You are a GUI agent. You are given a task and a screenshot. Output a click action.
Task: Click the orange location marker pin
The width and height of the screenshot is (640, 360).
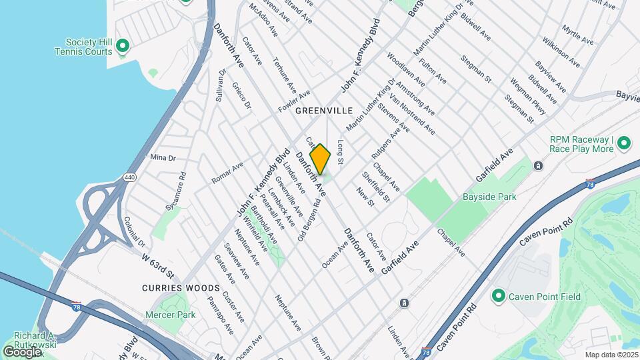321,159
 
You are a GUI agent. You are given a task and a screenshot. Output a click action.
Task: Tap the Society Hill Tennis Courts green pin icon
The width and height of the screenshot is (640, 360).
122,46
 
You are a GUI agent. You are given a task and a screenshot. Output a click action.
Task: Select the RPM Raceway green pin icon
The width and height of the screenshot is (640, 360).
624,143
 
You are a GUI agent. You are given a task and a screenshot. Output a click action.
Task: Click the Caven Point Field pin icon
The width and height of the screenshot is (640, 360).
497,295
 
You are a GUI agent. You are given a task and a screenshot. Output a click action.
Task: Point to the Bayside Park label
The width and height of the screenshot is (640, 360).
489,197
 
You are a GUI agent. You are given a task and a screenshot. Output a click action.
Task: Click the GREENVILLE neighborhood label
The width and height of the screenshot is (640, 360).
323,110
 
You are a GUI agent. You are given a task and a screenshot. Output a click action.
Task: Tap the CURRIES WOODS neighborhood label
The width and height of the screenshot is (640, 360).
181,288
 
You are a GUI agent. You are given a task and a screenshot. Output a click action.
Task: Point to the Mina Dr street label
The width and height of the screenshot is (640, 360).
163,158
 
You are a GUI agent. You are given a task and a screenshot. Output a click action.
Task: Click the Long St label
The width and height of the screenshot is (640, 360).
340,152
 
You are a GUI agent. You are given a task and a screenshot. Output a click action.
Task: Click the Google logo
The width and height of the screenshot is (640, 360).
23,351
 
